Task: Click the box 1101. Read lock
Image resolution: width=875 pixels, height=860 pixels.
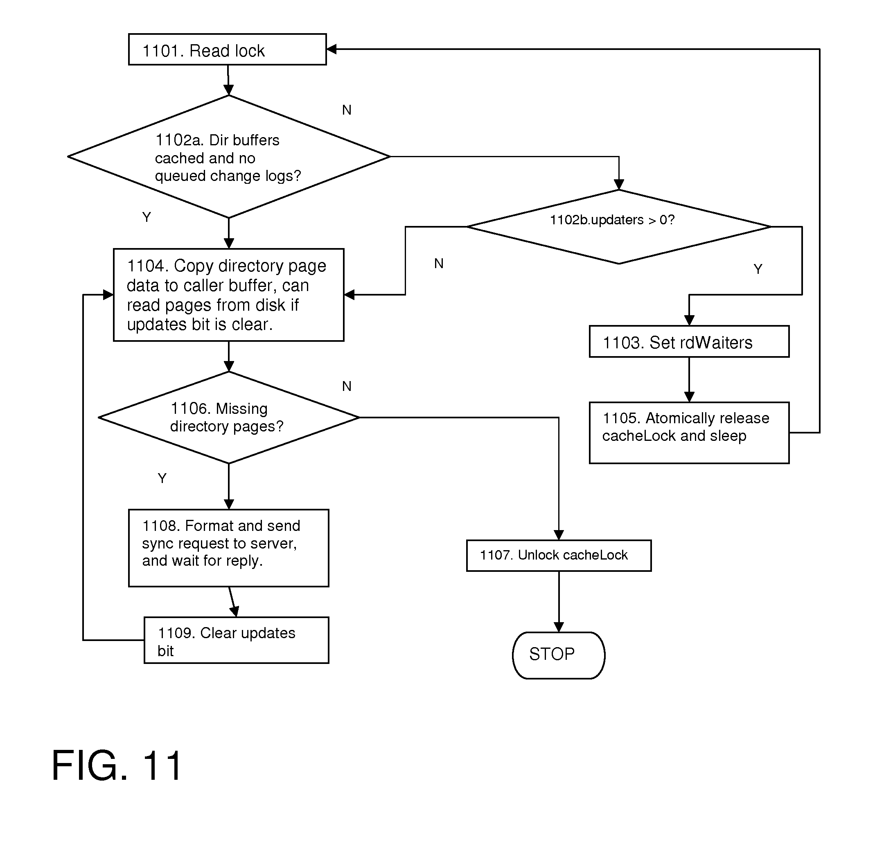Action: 227,50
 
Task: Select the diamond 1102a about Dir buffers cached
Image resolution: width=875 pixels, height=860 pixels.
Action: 228,157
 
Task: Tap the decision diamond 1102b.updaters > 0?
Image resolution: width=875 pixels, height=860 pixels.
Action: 618,226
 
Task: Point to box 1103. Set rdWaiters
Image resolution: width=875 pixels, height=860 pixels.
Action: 689,342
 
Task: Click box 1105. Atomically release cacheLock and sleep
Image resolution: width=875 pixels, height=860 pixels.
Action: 689,433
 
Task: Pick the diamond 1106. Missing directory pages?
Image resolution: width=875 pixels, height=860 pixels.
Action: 228,418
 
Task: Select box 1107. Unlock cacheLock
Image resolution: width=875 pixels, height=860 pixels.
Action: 559,555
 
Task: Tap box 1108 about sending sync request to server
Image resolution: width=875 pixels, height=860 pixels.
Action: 228,548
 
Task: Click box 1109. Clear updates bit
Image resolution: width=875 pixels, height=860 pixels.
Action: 236,640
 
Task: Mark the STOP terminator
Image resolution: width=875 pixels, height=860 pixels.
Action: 559,655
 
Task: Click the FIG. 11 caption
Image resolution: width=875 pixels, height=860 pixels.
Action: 117,765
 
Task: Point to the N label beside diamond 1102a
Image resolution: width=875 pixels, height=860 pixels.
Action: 347,110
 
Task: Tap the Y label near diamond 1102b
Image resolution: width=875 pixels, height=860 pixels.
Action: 758,269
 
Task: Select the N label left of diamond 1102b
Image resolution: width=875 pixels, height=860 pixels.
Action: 439,263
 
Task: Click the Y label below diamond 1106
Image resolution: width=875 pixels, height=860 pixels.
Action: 162,478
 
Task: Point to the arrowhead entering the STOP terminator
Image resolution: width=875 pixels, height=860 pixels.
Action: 559,627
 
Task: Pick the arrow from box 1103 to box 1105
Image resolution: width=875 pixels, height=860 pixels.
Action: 689,379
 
